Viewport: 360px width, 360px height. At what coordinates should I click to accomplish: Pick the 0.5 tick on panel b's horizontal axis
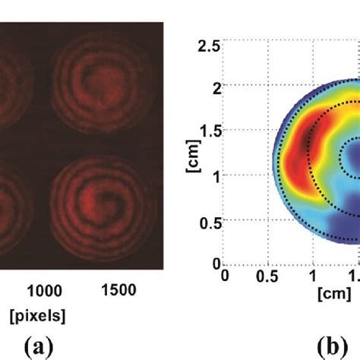coord(267,276)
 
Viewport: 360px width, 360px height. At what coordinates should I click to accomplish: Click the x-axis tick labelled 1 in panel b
coord(312,276)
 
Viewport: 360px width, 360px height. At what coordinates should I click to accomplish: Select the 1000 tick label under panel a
coord(45,290)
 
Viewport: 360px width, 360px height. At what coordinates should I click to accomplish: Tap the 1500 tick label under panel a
coord(118,290)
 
